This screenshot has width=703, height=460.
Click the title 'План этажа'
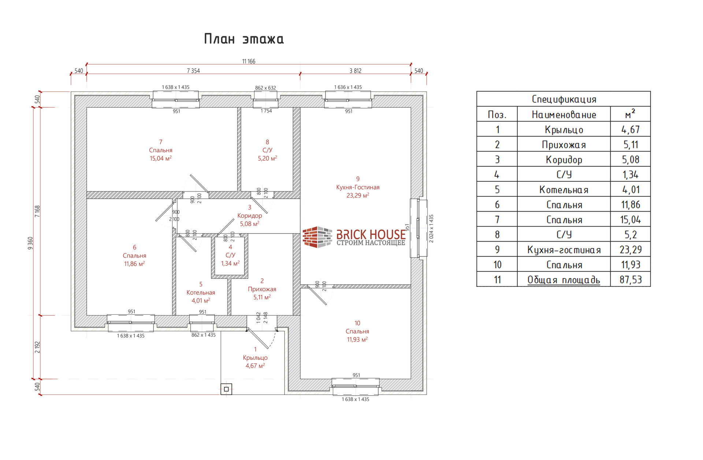click(244, 39)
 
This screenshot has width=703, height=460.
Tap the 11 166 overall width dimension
click(249, 61)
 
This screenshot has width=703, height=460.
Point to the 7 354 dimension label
click(193, 71)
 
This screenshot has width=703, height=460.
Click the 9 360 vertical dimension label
click(30, 243)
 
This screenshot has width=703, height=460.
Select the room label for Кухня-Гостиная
click(358, 187)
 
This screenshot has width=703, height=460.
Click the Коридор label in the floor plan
click(249, 216)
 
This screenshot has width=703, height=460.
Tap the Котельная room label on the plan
click(201, 292)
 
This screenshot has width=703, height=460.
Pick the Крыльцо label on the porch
click(255, 358)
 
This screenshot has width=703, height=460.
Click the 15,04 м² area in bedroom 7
click(160, 158)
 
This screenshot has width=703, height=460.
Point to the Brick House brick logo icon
click(317, 237)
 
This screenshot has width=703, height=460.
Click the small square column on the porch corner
click(226, 389)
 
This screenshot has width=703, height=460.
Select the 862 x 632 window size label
click(265, 88)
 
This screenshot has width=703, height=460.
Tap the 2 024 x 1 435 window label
click(431, 229)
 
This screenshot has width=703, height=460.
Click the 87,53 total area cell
click(631, 280)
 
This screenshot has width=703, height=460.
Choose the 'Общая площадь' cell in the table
click(563, 280)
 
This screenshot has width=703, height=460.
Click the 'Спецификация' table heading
click(564, 99)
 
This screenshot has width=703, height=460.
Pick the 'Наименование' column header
click(564, 115)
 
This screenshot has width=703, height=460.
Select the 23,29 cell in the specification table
click(631, 250)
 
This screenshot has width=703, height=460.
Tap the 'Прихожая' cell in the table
click(564, 145)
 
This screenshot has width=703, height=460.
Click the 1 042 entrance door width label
click(258, 318)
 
